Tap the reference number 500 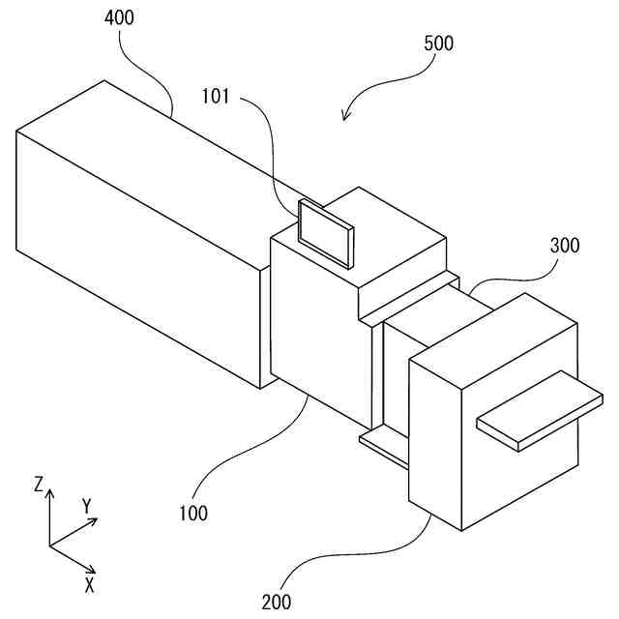(x=438, y=44)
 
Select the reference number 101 (x=218, y=96)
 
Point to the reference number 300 (x=565, y=246)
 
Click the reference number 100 (x=192, y=514)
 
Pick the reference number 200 (x=276, y=601)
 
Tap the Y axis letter (x=86, y=505)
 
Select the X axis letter (x=89, y=584)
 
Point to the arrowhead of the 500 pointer (x=345, y=119)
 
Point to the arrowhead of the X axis (x=93, y=570)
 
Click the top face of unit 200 (x=493, y=334)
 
